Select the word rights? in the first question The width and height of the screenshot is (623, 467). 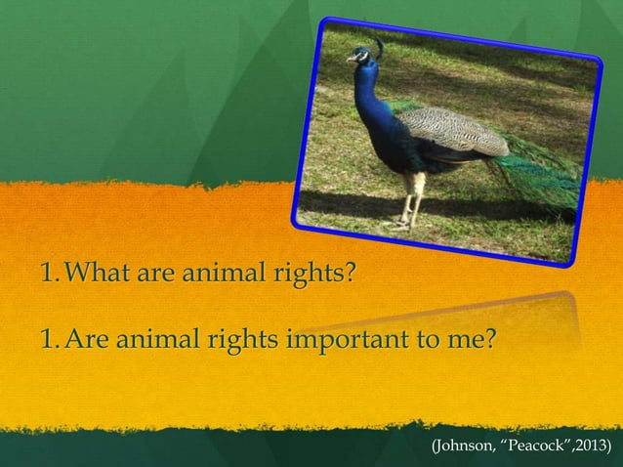[x=311, y=269]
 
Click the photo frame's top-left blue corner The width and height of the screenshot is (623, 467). [x=325, y=22]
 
